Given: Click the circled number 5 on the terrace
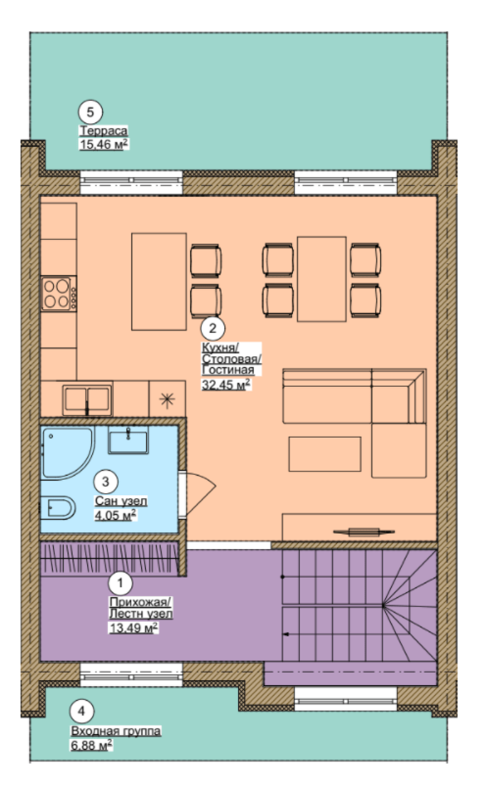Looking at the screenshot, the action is click(x=90, y=112).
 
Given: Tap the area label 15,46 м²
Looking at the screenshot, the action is click(x=104, y=144).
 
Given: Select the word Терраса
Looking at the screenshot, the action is click(x=104, y=131).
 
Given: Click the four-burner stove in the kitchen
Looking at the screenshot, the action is click(x=59, y=294).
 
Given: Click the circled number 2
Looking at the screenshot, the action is click(x=213, y=329).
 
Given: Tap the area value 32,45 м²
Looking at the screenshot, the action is click(x=226, y=385).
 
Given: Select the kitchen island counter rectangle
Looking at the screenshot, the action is click(x=159, y=282).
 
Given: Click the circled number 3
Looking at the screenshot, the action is click(x=106, y=481).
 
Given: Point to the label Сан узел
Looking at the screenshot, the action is click(x=121, y=501).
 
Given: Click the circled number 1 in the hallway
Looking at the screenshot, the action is click(x=120, y=583).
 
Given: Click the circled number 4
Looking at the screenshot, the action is click(x=81, y=711).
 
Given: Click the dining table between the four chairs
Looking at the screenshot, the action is click(x=322, y=279).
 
